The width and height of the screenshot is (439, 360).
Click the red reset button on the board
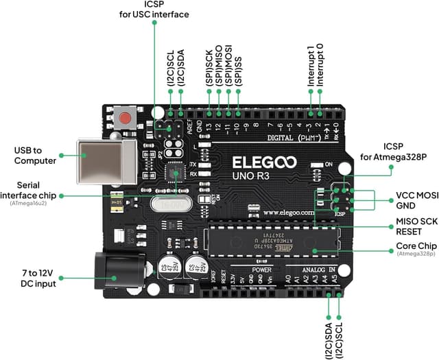coord(126,119)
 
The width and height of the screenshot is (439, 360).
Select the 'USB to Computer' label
coord(34,155)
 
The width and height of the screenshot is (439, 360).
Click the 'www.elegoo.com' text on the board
coord(288,213)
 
